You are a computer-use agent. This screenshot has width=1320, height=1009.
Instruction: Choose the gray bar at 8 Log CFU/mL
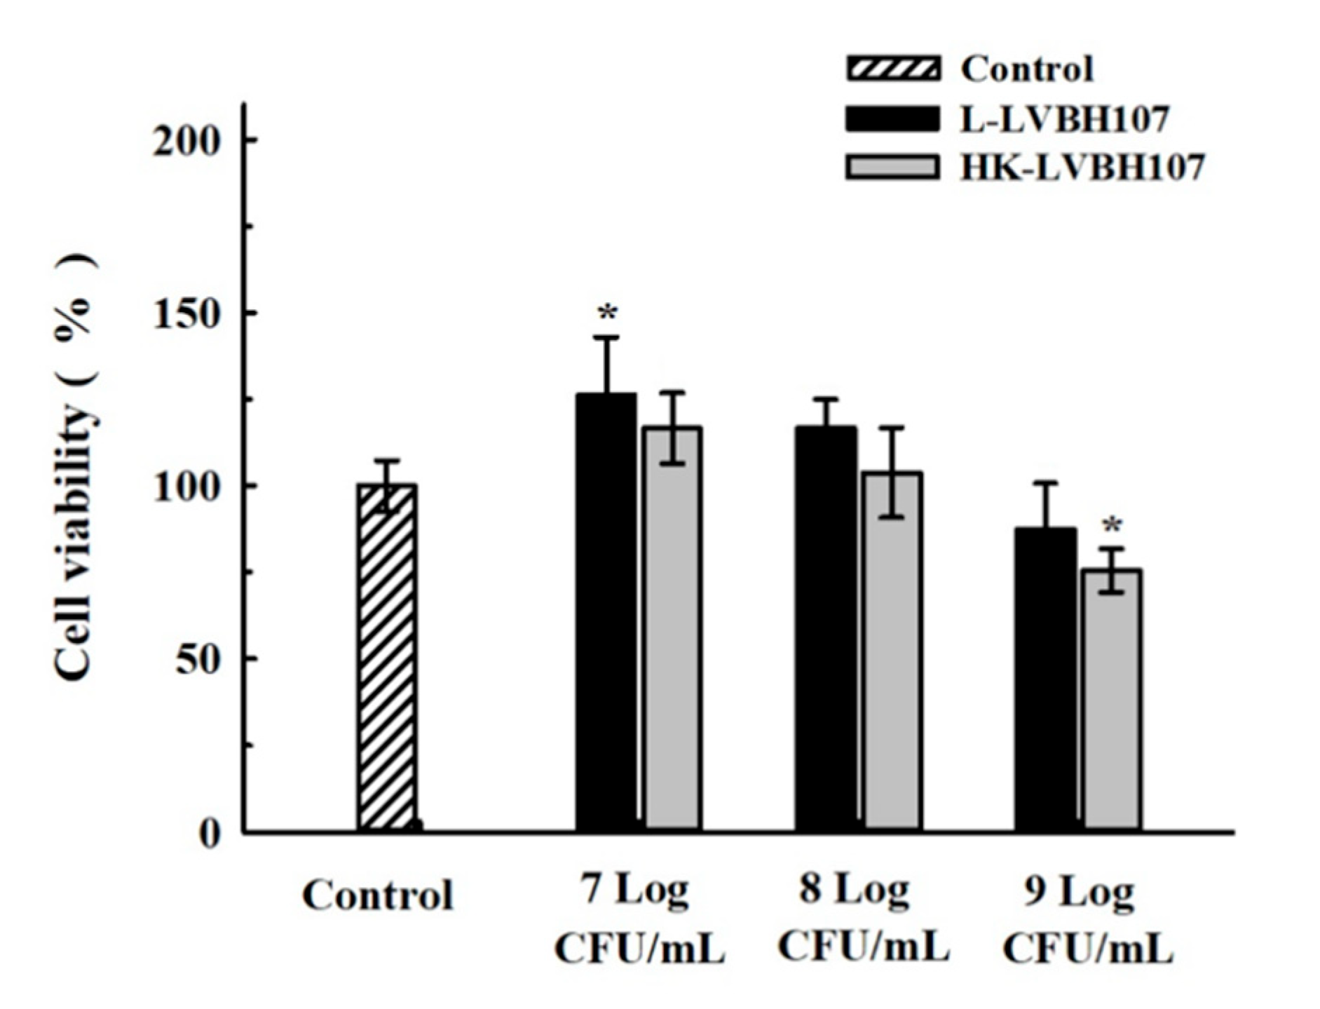(892, 651)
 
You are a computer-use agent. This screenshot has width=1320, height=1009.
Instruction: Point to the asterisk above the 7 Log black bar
(607, 313)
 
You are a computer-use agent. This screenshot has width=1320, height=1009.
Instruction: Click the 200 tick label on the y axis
(187, 141)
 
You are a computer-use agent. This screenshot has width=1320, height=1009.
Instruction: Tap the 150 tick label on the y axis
(187, 313)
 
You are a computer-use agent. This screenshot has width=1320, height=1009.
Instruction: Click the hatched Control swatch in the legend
(892, 69)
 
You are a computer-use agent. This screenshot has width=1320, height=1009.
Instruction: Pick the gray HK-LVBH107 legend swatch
(892, 168)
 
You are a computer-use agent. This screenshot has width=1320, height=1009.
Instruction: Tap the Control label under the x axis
(378, 895)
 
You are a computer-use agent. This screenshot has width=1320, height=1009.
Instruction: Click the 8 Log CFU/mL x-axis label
(863, 919)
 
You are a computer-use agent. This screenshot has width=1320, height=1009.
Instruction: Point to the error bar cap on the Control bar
(387, 461)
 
